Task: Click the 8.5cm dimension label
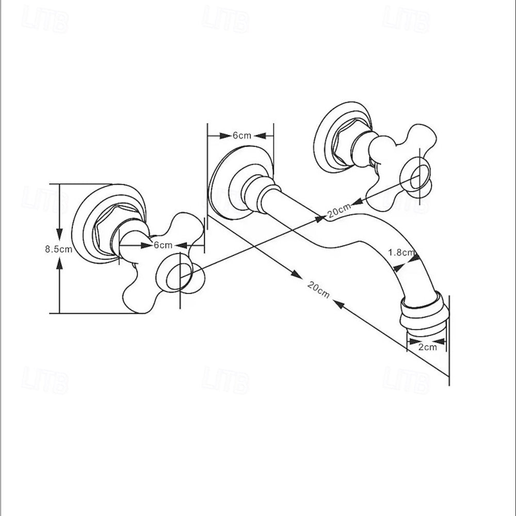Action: (59, 249)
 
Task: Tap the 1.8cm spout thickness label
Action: (401, 253)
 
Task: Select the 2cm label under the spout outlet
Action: (427, 347)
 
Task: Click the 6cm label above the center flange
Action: (242, 135)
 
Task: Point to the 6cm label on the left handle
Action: (163, 245)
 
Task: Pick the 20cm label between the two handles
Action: (340, 211)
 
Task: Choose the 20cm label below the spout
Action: (318, 289)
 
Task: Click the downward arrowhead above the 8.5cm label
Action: (59, 234)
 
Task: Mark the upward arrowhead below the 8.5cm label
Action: (59, 265)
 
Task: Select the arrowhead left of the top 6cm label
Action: (225, 136)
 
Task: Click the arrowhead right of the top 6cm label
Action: (260, 136)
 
